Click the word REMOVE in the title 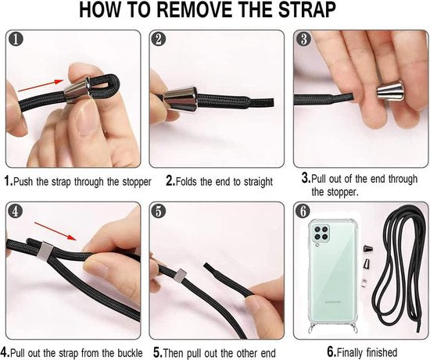tap(193, 10)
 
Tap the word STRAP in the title tap(307, 10)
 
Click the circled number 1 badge tap(16, 39)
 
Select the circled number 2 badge tap(159, 39)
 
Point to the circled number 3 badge tap(303, 38)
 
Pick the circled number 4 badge tap(16, 211)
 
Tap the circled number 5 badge tap(159, 212)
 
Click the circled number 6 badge tap(303, 211)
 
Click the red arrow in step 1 tap(41, 86)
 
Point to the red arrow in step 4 tap(56, 231)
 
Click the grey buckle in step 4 tap(46, 251)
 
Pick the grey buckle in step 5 tap(180, 276)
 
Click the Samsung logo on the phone tap(333, 302)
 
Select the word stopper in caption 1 tap(137, 182)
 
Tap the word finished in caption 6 tap(382, 351)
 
